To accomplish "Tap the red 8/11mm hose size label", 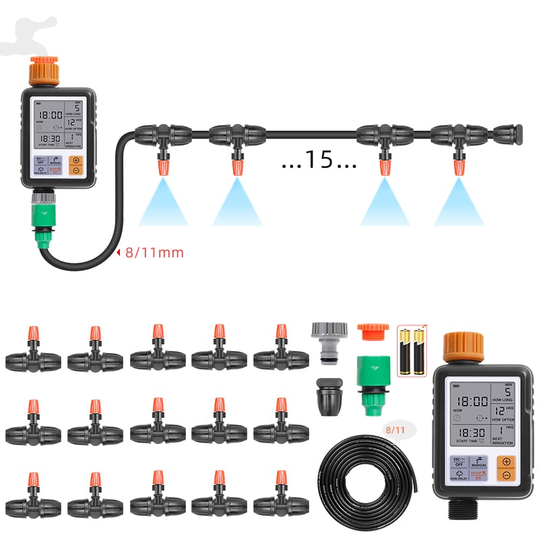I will tap(154, 253).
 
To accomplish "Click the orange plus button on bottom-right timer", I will tap(507, 462).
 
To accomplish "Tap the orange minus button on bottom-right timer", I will tap(507, 475).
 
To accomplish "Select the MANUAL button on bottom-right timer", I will tap(478, 462).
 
